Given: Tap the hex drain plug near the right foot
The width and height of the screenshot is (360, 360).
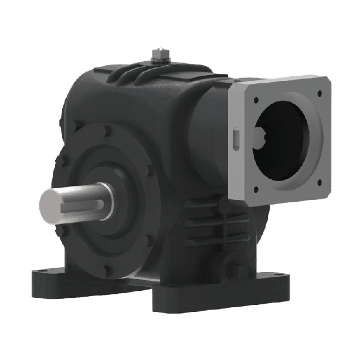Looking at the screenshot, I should coord(237,272).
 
